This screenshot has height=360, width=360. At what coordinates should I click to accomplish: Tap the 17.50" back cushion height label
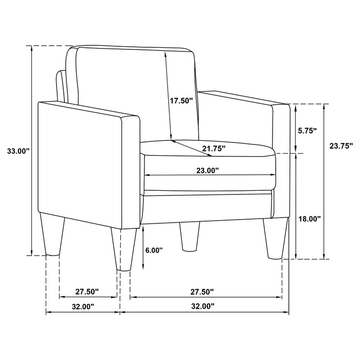click(182, 101)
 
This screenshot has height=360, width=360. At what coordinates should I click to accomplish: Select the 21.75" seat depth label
click(213, 149)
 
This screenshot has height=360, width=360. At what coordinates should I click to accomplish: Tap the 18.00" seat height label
click(310, 219)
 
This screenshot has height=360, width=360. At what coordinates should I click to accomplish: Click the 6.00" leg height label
click(154, 250)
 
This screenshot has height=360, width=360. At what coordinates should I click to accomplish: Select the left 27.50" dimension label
click(87, 292)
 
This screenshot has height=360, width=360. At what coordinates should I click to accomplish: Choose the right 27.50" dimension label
click(201, 292)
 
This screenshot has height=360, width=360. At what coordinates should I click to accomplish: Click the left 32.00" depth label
click(83, 307)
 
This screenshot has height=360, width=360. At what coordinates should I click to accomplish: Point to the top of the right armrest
click(242, 99)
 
